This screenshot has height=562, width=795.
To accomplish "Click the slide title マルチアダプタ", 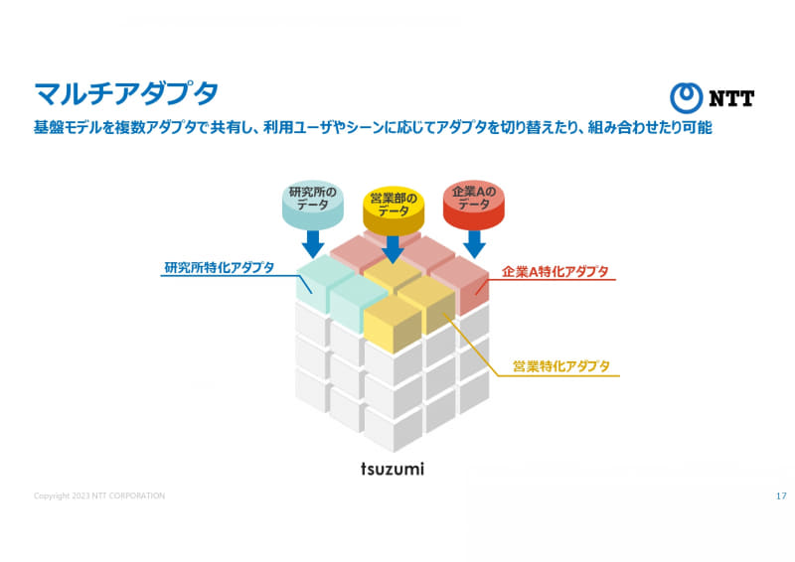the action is (126, 93).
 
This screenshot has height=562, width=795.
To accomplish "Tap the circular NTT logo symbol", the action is (686, 98).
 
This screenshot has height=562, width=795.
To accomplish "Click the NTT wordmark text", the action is (731, 98).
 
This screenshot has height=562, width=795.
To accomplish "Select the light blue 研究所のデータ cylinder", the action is (312, 205).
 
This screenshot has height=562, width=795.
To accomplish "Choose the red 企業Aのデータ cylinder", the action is (474, 205).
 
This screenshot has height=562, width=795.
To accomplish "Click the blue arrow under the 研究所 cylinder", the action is (313, 243).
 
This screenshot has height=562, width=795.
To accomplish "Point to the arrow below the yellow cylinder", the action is (393, 249).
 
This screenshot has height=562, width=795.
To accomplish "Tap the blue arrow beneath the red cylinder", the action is (475, 244).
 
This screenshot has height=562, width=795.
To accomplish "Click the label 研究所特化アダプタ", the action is (219, 267).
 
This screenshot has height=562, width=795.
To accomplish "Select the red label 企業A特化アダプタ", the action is (555, 272).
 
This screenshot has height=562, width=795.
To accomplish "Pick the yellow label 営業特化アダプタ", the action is (561, 366).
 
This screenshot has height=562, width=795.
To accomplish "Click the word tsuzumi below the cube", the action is (393, 469).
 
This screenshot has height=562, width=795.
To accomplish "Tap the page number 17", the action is (781, 495).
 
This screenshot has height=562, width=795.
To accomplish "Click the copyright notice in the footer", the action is (99, 495).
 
